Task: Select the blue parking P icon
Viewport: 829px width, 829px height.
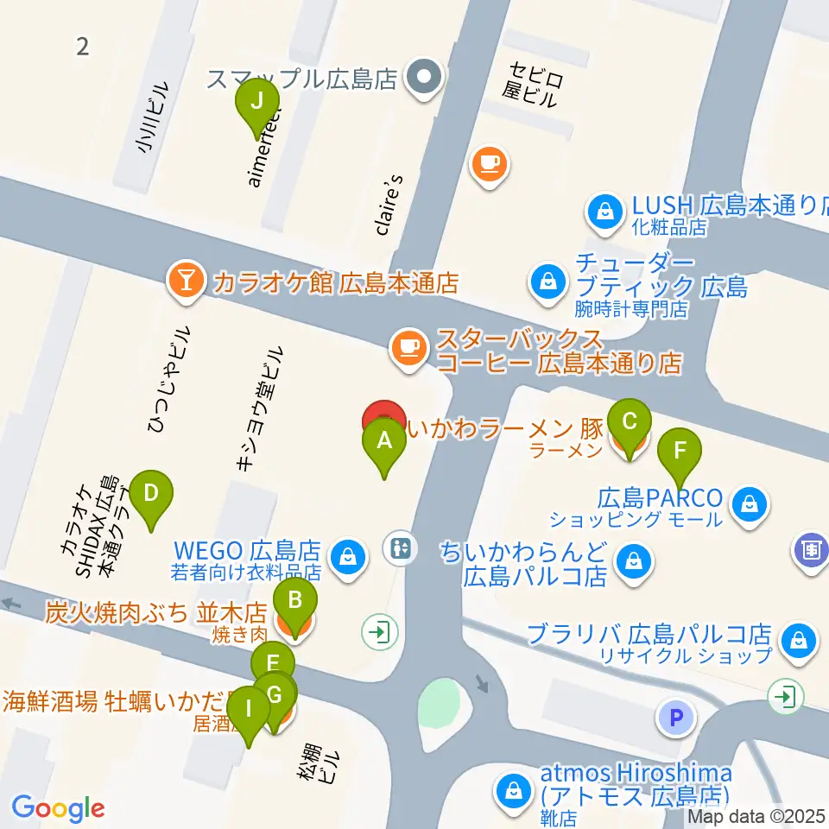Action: [676, 716]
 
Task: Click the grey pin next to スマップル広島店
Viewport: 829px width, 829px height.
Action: [423, 79]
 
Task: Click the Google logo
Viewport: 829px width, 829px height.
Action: [58, 807]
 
